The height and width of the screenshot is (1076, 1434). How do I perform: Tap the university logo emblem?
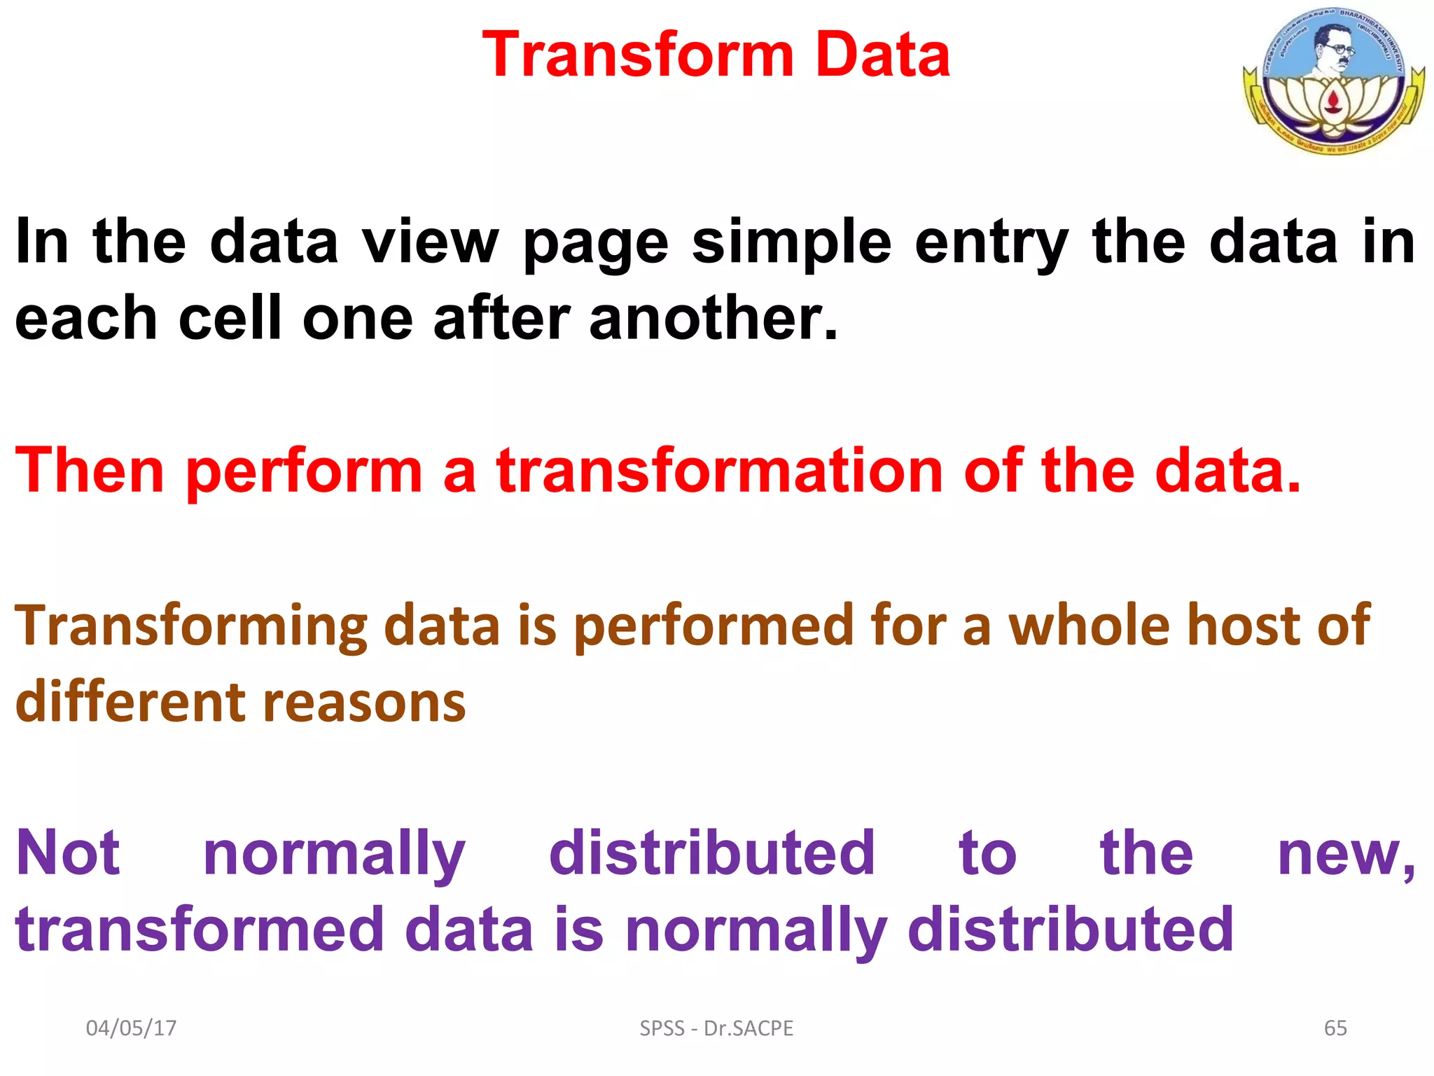(1333, 81)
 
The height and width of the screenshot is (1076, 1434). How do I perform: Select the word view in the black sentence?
(429, 242)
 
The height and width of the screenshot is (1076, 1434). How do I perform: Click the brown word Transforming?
(191, 626)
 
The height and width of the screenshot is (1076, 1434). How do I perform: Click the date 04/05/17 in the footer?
(131, 1028)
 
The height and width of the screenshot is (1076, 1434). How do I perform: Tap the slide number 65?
(1335, 1028)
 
